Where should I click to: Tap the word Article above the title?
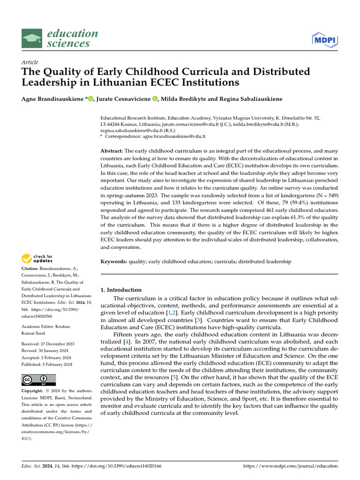30,62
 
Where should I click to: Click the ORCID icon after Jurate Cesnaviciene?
155,99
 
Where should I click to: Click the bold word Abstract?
112,151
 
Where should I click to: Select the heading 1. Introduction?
121,290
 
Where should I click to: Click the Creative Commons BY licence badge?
39,380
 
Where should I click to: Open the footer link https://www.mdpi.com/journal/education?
291,466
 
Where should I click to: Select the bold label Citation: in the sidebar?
30,268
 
